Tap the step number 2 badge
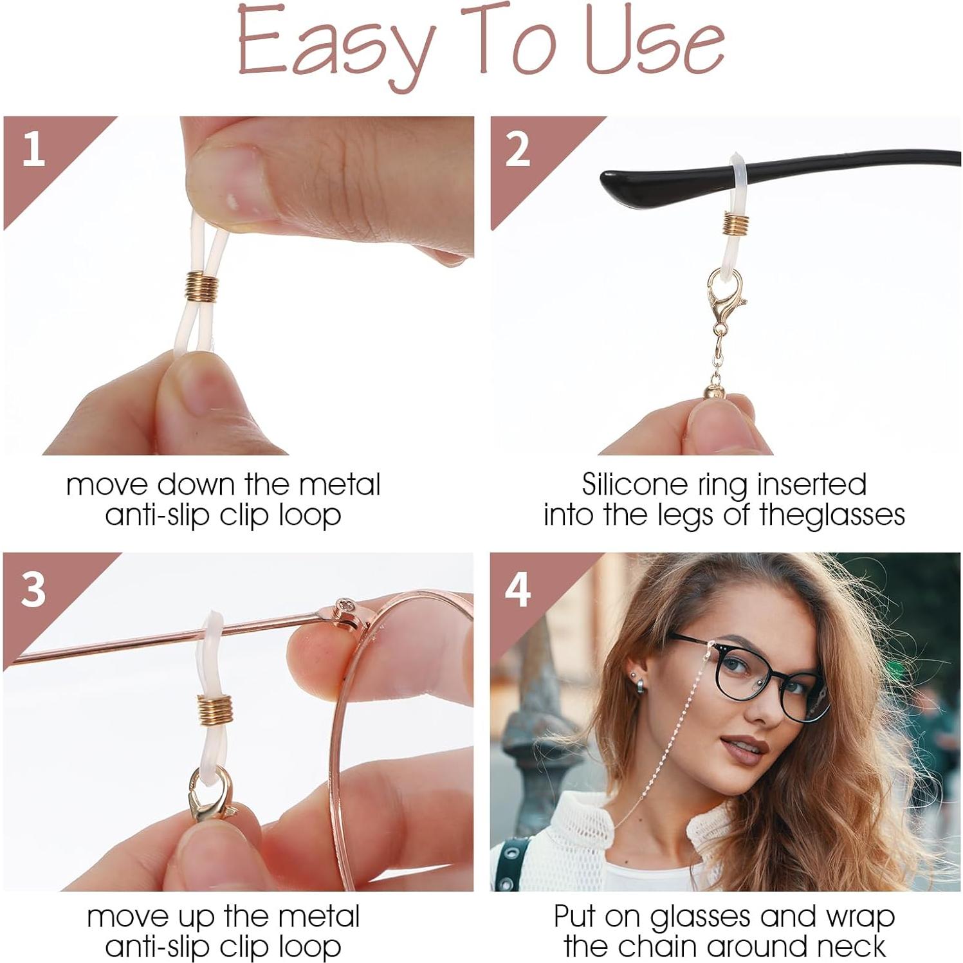517,149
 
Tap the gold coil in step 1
202,286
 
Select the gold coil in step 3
212,710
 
